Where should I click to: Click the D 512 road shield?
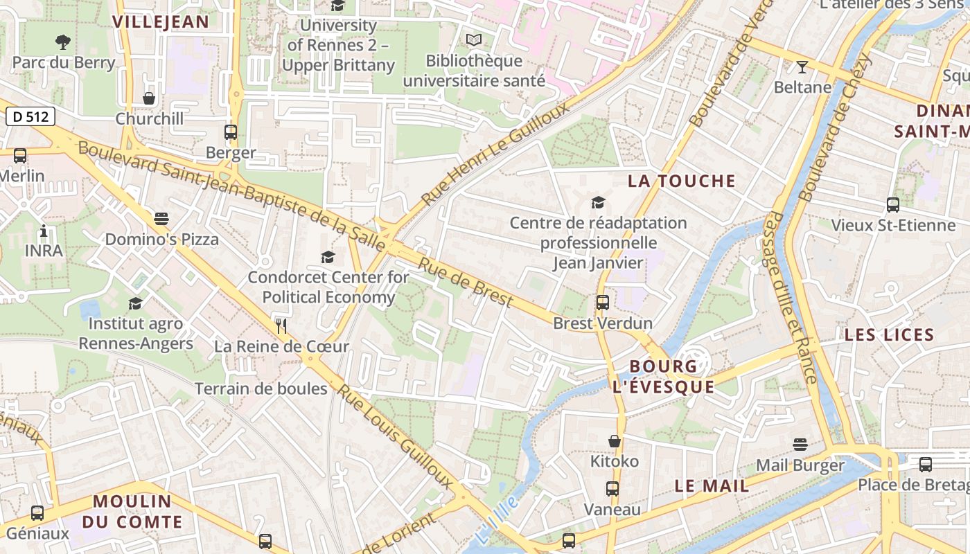[30, 116]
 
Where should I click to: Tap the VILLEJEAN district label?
[161, 21]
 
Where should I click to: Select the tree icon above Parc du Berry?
[63, 42]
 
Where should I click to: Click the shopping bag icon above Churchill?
[149, 98]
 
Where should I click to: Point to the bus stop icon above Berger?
[231, 132]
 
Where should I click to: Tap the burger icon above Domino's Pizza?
[161, 219]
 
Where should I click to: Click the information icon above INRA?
[44, 231]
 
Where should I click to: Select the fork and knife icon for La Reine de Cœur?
[281, 326]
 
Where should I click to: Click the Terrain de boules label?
[261, 388]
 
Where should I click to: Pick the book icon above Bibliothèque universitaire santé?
[474, 40]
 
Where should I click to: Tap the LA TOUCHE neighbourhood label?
[682, 181]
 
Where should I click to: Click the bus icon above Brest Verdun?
[603, 302]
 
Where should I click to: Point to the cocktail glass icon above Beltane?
[802, 67]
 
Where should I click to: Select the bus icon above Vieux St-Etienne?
[893, 204]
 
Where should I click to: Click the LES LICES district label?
[889, 335]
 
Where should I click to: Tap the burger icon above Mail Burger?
[800, 444]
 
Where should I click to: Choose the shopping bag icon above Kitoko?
[615, 441]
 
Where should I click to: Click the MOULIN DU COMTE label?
[132, 511]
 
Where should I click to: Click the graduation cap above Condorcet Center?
[328, 257]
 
